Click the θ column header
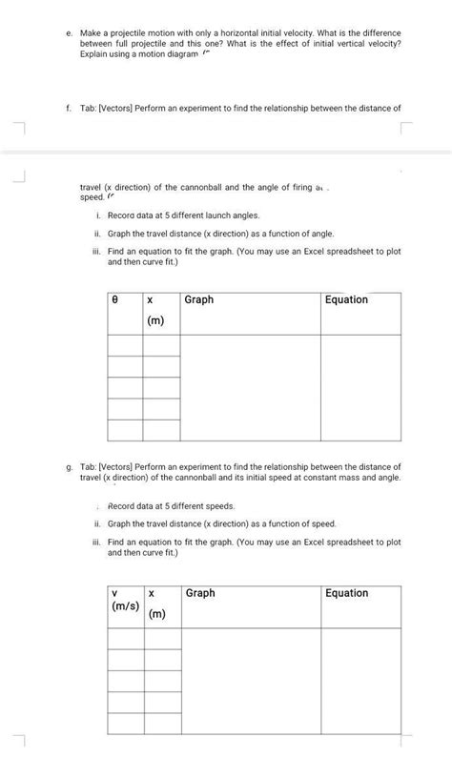115,299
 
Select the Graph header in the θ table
199,299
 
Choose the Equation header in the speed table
347,593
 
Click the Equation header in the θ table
347,299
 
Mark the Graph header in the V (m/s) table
200,593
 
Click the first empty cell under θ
125,345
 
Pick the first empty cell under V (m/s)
125,639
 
